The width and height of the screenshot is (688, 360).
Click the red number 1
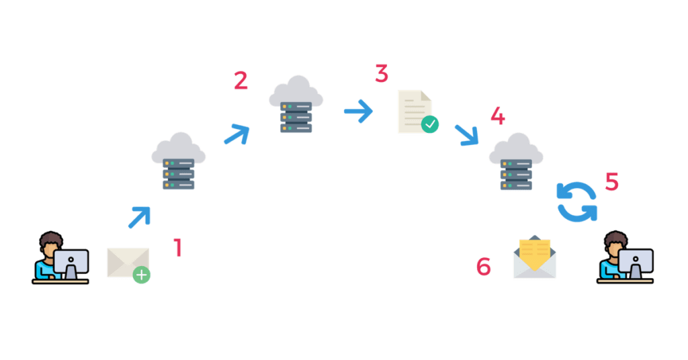pyautogui.click(x=177, y=248)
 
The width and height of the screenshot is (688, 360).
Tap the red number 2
pyautogui.click(x=241, y=81)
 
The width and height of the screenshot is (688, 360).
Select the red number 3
pyautogui.click(x=382, y=74)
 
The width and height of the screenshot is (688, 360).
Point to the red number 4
pyautogui.click(x=498, y=116)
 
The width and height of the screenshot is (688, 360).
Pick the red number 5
pyautogui.click(x=612, y=181)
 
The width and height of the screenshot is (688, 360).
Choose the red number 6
pyautogui.click(x=484, y=266)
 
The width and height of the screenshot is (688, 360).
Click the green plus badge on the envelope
pyautogui.click(x=141, y=275)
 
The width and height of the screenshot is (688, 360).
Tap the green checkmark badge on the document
pyautogui.click(x=430, y=124)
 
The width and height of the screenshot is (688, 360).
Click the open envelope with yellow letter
pyautogui.click(x=534, y=257)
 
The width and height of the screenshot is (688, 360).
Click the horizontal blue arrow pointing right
pyautogui.click(x=359, y=111)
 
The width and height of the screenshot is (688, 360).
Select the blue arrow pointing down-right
pyautogui.click(x=467, y=134)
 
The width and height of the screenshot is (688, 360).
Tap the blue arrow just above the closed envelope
pyautogui.click(x=140, y=217)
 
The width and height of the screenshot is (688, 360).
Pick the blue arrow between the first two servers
pyautogui.click(x=237, y=134)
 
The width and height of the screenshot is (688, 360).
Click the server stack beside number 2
pyautogui.click(x=296, y=117)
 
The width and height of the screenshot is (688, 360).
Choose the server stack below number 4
pyautogui.click(x=516, y=175)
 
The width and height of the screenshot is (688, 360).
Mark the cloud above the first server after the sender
pyautogui.click(x=179, y=147)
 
